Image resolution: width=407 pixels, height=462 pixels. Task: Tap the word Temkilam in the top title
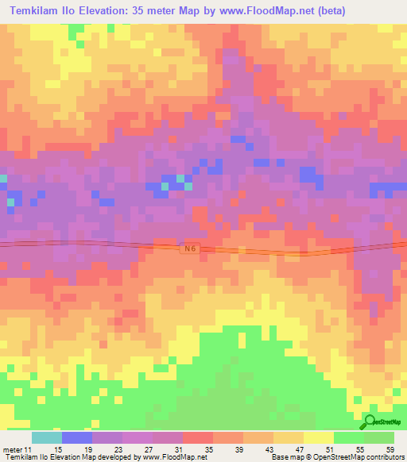(37, 12)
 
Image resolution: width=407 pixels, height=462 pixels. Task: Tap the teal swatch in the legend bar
(47, 437)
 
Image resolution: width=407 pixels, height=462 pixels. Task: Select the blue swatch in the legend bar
(77, 437)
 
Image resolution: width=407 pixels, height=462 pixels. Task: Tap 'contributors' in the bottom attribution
(381, 458)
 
